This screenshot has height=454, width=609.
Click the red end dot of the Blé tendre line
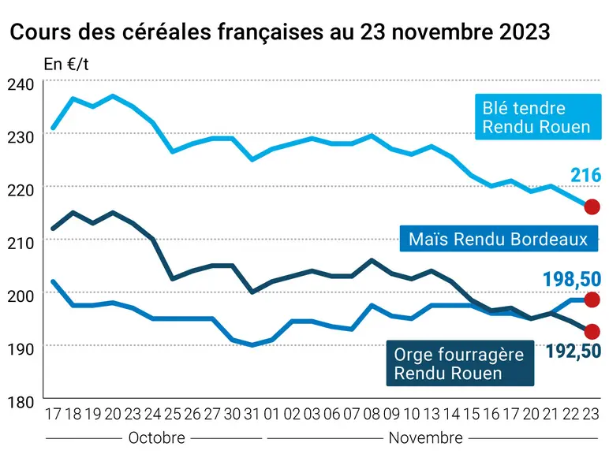[592, 207]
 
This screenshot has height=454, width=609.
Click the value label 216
[585, 176]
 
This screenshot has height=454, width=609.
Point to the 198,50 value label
[572, 279]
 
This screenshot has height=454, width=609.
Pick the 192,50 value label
[574, 352]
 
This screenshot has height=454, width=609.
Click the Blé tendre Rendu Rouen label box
[538, 117]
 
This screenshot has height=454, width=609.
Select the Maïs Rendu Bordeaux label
[499, 239]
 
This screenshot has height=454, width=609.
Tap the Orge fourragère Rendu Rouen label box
[460, 363]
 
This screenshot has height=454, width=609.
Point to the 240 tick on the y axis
[21, 84]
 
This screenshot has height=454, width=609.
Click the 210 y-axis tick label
[21, 244]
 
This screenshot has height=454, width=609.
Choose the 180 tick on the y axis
[21, 403]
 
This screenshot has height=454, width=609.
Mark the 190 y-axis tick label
[21, 349]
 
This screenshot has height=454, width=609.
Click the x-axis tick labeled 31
[252, 415]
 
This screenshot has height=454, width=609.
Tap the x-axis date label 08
[372, 415]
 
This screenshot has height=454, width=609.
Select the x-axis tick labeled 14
[451, 415]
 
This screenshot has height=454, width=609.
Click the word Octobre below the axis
[156, 438]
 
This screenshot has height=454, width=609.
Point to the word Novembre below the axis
[426, 438]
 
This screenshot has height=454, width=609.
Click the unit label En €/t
[66, 65]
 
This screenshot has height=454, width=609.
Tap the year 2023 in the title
[525, 32]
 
